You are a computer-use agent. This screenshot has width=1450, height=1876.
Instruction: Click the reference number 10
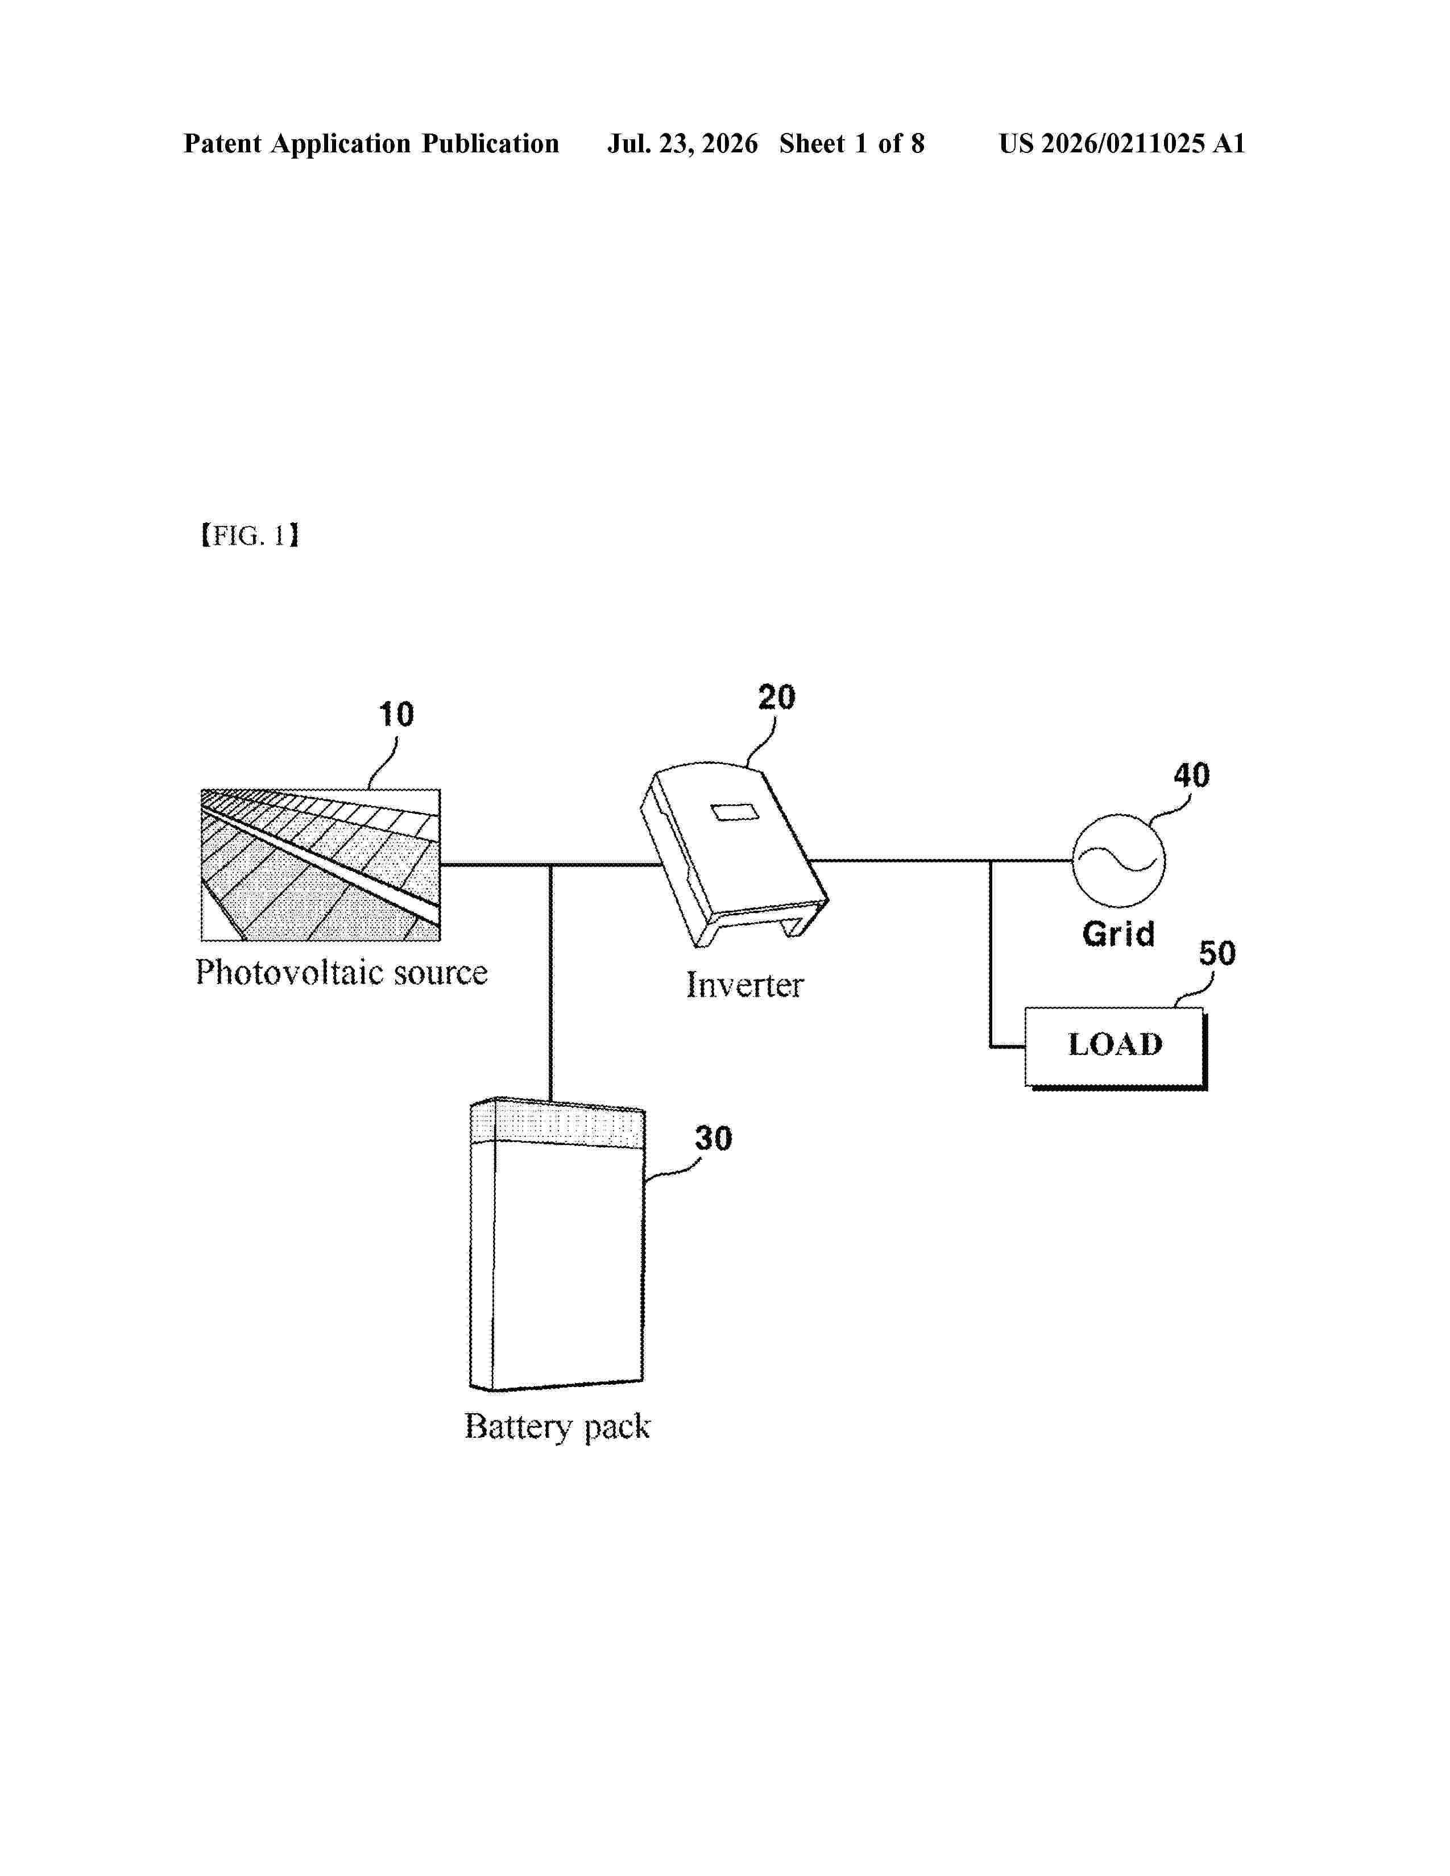pyautogui.click(x=396, y=714)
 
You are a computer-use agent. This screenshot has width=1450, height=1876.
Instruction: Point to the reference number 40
pyautogui.click(x=1191, y=775)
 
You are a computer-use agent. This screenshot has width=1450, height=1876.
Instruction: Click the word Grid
pyautogui.click(x=1117, y=933)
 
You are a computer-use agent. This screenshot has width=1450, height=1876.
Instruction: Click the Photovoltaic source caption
pyautogui.click(x=341, y=972)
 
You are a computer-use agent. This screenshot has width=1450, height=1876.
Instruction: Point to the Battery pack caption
pyautogui.click(x=557, y=1427)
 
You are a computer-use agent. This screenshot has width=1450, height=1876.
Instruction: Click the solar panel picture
pyautogui.click(x=320, y=865)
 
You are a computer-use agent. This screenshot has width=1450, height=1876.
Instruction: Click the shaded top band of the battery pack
pyautogui.click(x=557, y=1123)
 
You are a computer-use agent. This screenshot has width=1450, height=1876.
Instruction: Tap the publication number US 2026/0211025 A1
pyautogui.click(x=1122, y=143)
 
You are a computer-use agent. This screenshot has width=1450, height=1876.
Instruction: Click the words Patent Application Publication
pyautogui.click(x=371, y=143)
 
